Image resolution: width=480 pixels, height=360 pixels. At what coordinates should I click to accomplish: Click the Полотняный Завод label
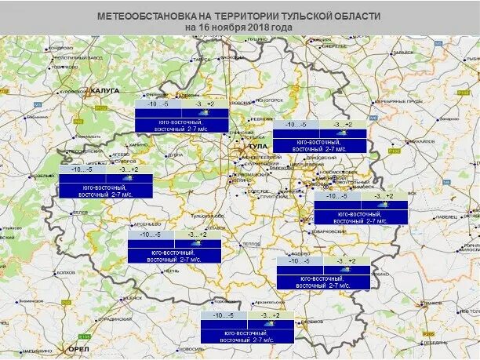pos(78,58)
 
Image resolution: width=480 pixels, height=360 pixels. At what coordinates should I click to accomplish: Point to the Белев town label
pos(79,213)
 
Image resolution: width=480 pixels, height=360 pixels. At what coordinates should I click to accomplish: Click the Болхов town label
pos(66,272)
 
